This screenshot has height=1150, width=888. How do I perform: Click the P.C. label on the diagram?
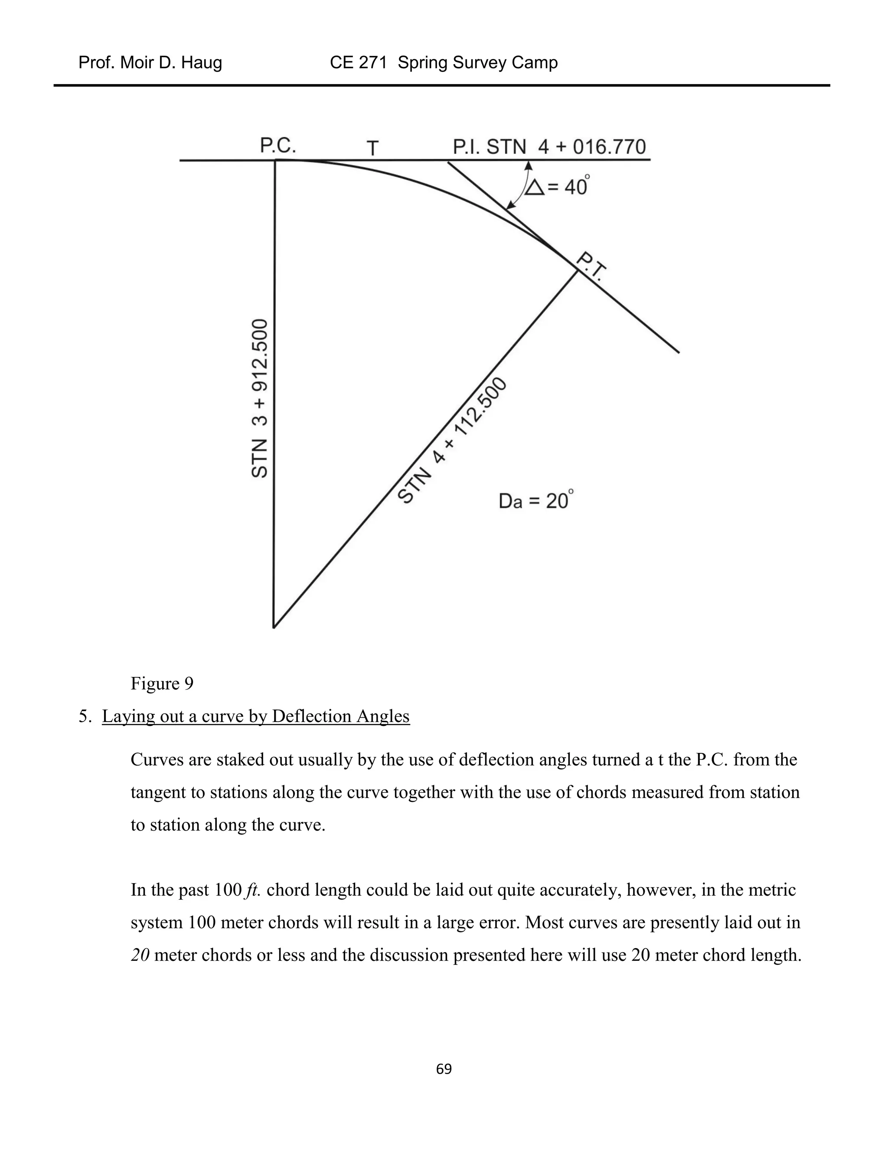pos(278,145)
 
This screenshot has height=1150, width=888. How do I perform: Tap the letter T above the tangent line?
pos(372,148)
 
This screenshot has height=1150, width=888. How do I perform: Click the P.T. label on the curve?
pos(592,267)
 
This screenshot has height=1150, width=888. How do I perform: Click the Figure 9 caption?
pos(162,683)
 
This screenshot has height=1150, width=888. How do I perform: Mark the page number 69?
pos(444,1069)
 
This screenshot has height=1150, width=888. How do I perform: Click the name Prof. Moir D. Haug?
pos(150,62)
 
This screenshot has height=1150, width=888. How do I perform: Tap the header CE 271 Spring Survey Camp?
pos(444,62)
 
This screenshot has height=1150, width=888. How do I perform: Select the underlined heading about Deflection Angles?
pos(256,716)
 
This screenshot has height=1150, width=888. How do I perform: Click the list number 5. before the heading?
pos(85,716)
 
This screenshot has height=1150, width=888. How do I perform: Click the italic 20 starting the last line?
pos(140,955)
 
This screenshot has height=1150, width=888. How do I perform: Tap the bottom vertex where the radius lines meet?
pos(274,627)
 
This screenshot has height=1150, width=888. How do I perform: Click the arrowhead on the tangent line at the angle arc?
pos(529,165)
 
